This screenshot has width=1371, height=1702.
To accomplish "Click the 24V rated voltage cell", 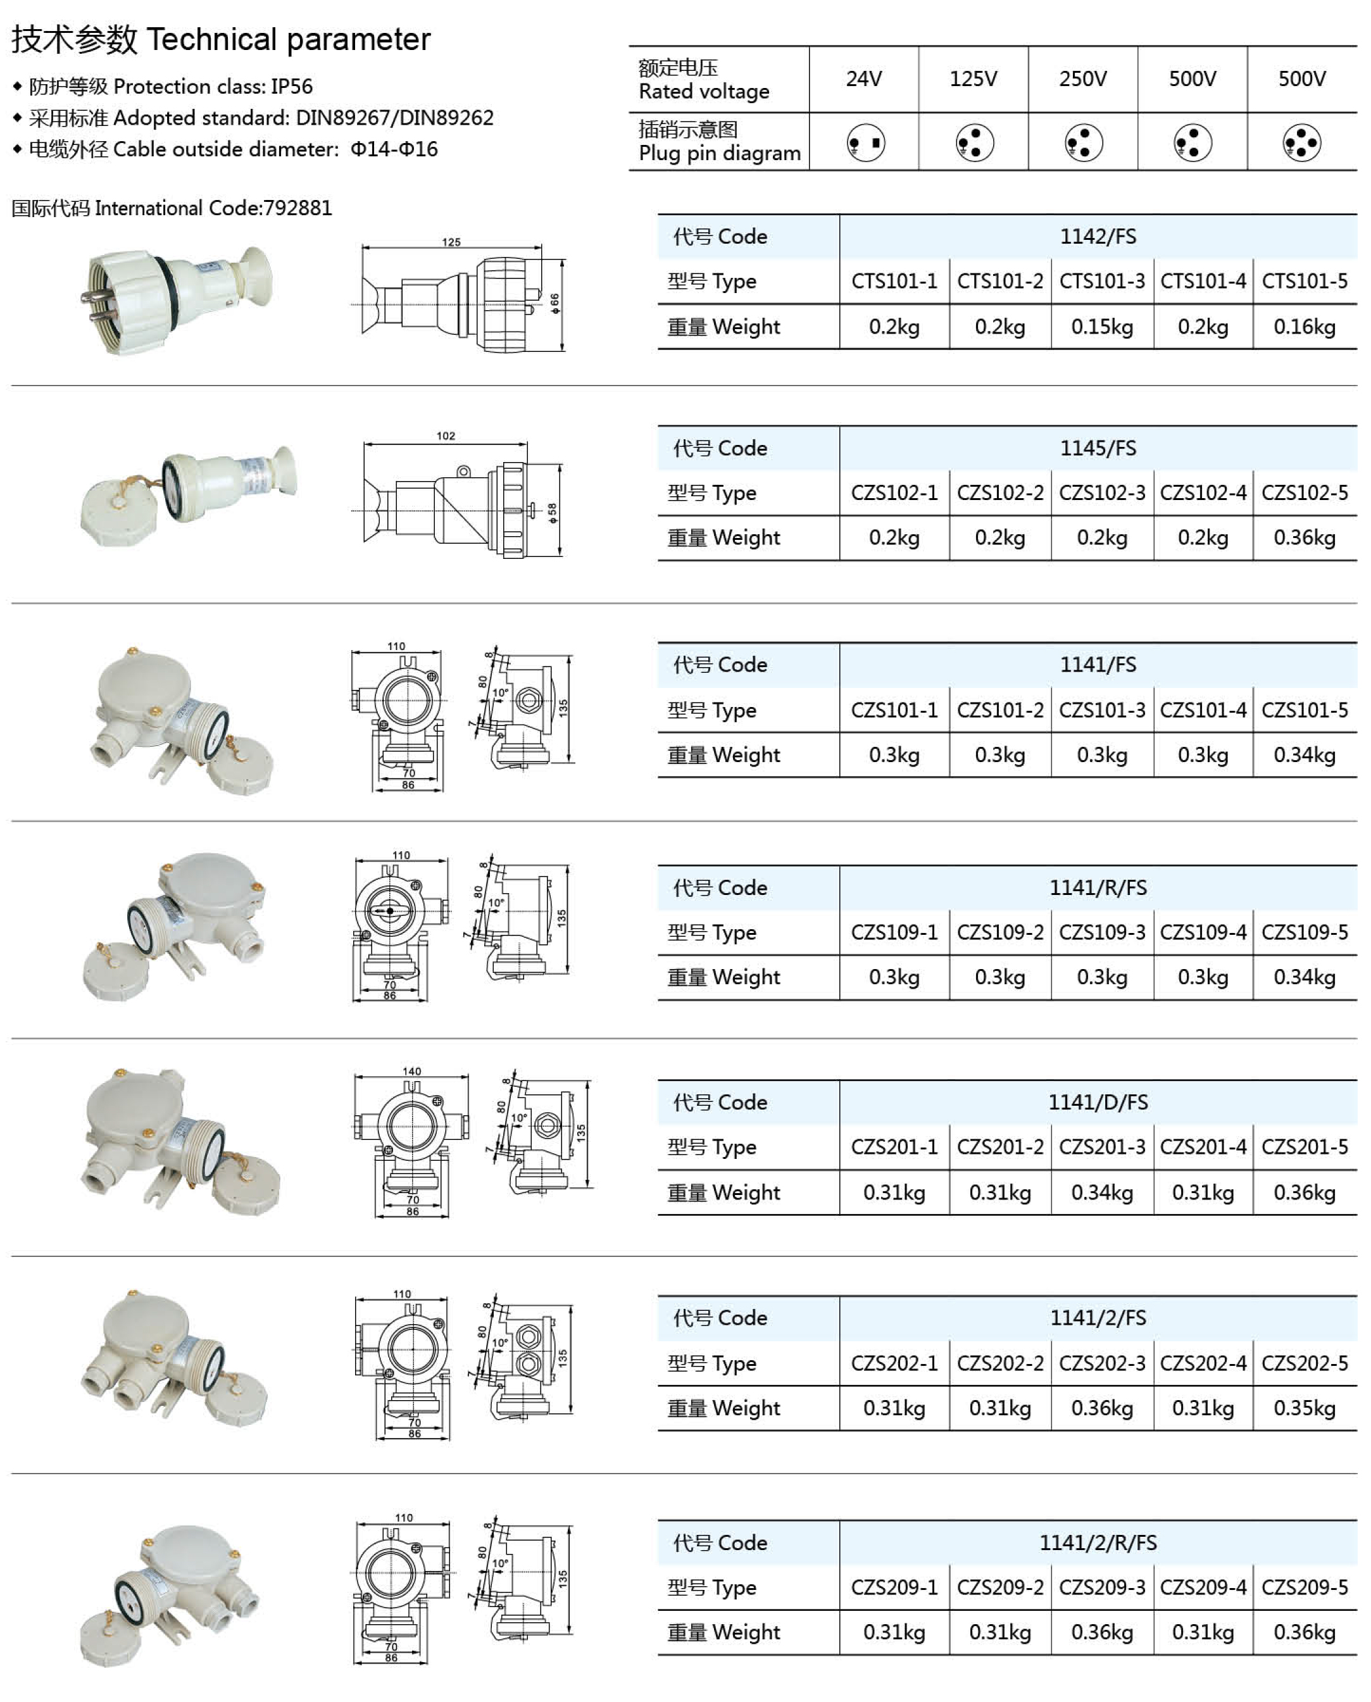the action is pos(863,79).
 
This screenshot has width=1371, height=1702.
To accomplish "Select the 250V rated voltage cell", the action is pos(1083,79).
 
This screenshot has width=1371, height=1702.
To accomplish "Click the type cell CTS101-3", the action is pos(1102,281).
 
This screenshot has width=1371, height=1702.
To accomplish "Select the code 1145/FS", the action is pos(1098,449).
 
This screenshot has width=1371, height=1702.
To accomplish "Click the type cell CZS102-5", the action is pos(1305,493).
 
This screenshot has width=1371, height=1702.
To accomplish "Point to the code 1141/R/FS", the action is pos(1098,888).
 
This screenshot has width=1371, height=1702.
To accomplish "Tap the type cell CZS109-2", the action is pos(1000,933).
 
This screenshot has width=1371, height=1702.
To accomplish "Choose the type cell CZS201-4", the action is pos(1203,1147).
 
